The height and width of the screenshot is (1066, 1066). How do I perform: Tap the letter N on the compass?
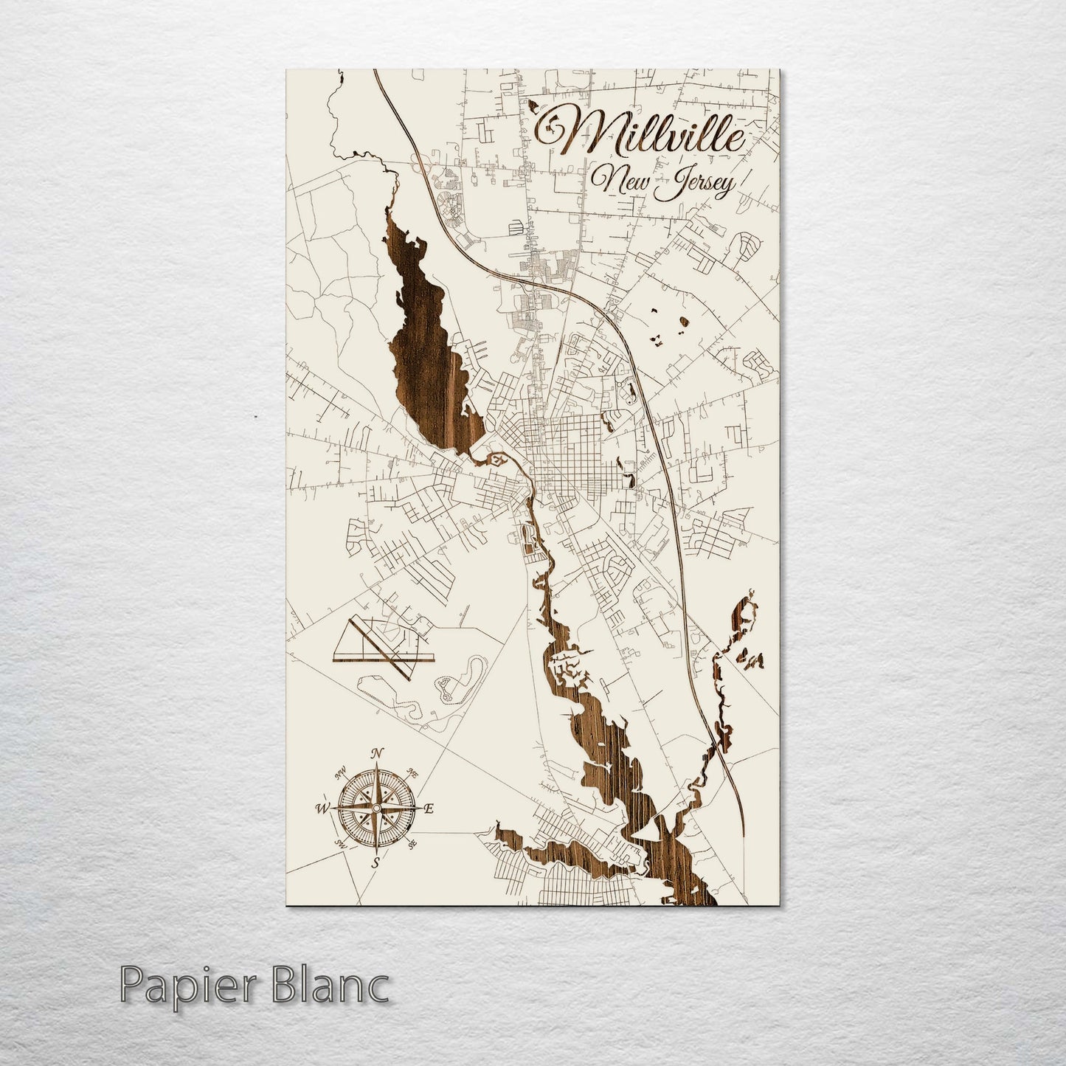point(377,753)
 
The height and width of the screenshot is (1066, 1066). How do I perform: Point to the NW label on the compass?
point(342,774)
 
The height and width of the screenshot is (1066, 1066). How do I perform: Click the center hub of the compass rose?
point(376,809)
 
